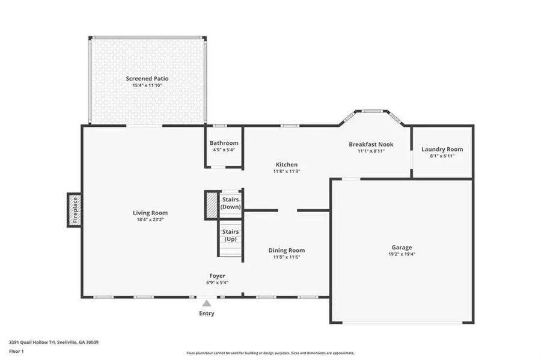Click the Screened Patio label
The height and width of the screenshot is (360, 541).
pyautogui.click(x=147, y=79)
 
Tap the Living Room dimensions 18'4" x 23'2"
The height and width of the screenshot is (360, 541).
pyautogui.click(x=150, y=220)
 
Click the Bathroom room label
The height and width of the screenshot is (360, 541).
pyautogui.click(x=224, y=143)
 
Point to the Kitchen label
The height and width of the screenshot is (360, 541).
pyautogui.click(x=287, y=164)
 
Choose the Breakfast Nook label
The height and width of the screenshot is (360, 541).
pyautogui.click(x=371, y=144)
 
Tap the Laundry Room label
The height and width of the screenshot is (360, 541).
pyautogui.click(x=442, y=149)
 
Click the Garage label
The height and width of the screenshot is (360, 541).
pyautogui.click(x=402, y=247)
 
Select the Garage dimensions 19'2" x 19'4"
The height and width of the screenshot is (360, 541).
pyautogui.click(x=402, y=254)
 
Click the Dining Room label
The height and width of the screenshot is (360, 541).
pyautogui.click(x=286, y=250)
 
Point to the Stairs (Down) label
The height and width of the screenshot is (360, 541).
pyautogui.click(x=231, y=203)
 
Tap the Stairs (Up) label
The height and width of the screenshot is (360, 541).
pyautogui.click(x=231, y=235)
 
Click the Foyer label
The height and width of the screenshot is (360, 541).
pyautogui.click(x=217, y=276)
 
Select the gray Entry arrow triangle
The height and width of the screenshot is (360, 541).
pyautogui.click(x=207, y=304)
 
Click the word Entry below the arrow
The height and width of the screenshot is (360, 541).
pyautogui.click(x=207, y=313)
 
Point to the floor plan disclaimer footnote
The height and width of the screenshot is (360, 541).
pyautogui.click(x=270, y=353)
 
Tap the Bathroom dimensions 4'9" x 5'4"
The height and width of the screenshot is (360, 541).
pyautogui.click(x=224, y=150)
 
